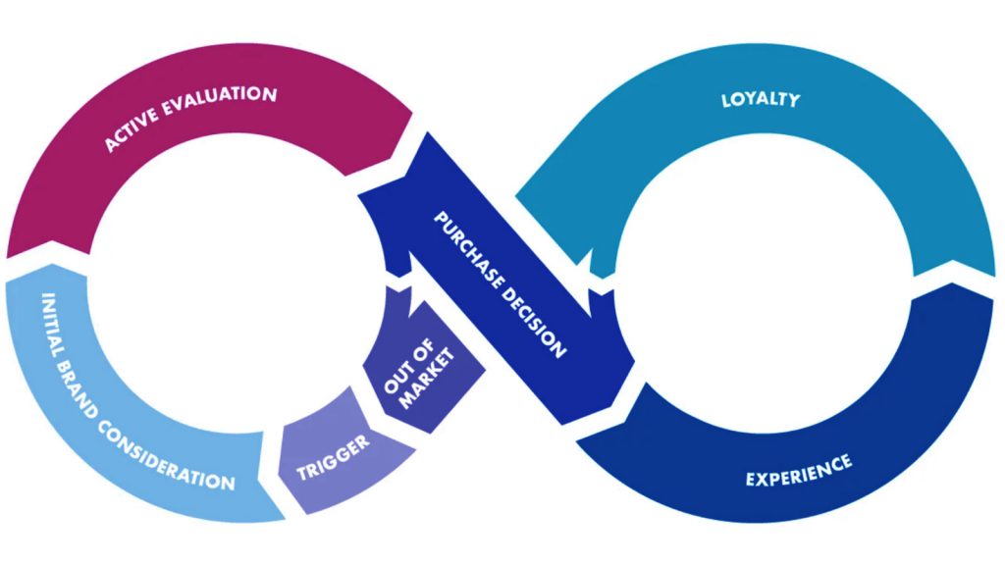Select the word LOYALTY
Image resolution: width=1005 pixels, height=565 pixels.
[760, 99]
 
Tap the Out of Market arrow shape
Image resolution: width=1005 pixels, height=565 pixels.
[422, 353]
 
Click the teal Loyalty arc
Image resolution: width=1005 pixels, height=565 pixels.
[883, 147]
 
